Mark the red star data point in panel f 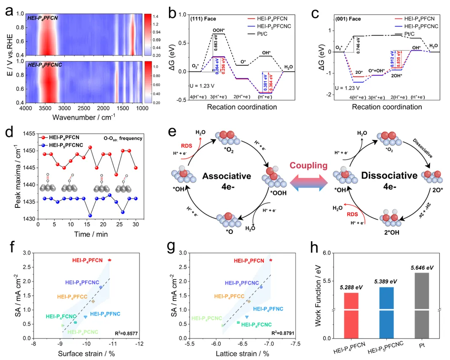click(110, 260)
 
